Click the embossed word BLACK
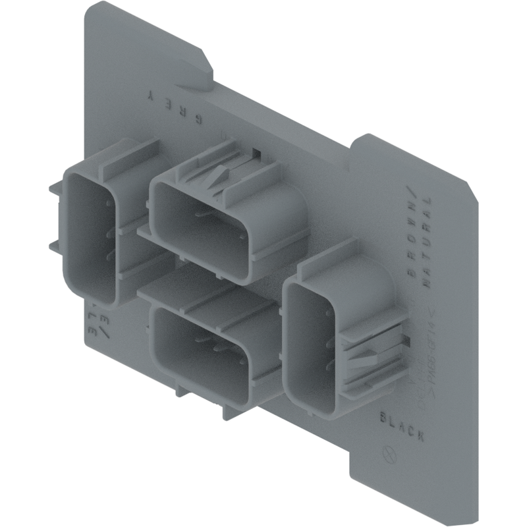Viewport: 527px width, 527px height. pyautogui.click(x=402, y=425)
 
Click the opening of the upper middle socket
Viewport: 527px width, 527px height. pyautogui.click(x=198, y=227)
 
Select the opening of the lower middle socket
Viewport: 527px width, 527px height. pyautogui.click(x=198, y=349)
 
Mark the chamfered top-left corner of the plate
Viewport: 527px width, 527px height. pyautogui.click(x=92, y=8)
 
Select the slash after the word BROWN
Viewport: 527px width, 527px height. pyautogui.click(x=411, y=191)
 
